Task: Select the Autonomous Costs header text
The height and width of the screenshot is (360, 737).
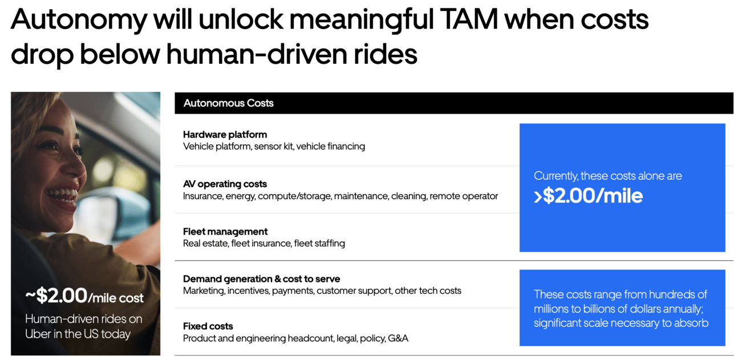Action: tap(228, 103)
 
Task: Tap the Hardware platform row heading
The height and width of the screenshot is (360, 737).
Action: tap(225, 135)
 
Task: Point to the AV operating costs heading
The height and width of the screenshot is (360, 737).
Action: tap(225, 184)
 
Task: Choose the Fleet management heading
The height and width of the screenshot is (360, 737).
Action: tap(225, 232)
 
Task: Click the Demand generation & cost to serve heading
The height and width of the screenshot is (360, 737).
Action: tap(261, 279)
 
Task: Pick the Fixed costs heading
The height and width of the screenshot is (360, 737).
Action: tap(208, 326)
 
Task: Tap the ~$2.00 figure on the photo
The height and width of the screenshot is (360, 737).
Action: tap(56, 296)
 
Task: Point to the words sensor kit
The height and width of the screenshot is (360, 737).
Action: tap(273, 147)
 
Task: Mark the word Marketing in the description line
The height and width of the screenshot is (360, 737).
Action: tap(204, 291)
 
